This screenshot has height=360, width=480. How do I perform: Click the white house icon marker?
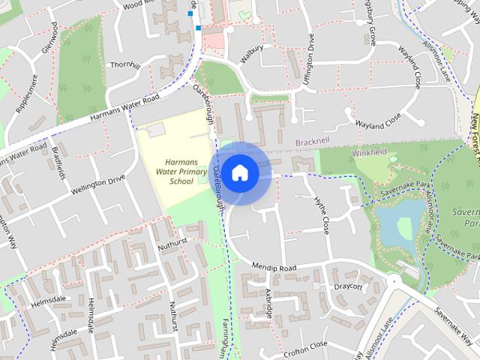pyautogui.click(x=239, y=172)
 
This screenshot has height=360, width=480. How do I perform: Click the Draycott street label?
pyautogui.click(x=348, y=286)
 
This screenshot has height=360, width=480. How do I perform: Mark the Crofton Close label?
pyautogui.click(x=306, y=344)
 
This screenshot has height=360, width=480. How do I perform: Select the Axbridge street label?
pyautogui.click(x=269, y=304)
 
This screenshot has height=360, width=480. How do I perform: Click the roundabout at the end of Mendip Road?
pyautogui.click(x=394, y=281)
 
